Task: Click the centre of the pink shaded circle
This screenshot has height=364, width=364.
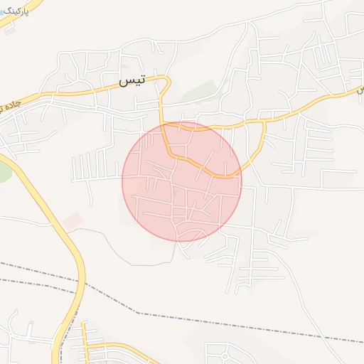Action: pos(182,181)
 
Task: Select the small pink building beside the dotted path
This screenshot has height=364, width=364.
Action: pos(72,221)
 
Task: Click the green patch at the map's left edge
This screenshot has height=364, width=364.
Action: pos(4,171)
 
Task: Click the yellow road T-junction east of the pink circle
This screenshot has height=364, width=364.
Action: pos(264,122)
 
